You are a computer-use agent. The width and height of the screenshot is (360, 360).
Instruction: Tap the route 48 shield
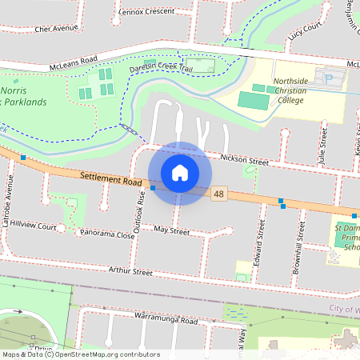(219, 194)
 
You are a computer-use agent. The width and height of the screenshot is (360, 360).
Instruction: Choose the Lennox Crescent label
(145, 12)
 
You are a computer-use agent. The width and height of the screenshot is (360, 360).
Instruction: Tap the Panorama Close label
(107, 235)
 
